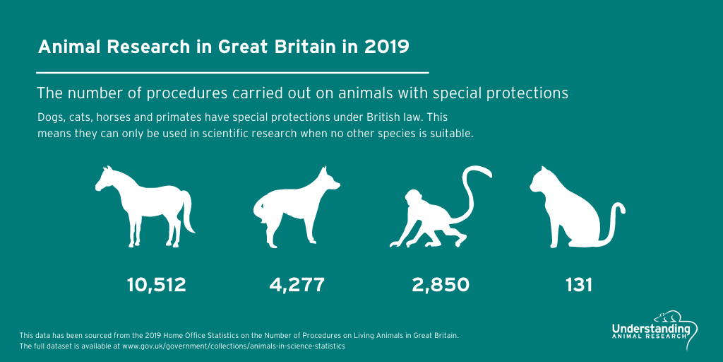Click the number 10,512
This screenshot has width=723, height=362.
(x=156, y=285)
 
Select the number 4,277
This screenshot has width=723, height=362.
(x=297, y=285)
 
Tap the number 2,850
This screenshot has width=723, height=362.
(x=441, y=285)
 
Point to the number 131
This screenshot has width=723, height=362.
(x=578, y=285)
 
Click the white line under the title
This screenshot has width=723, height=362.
(x=232, y=72)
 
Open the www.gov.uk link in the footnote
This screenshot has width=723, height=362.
(x=233, y=346)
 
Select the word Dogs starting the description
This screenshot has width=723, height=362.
(x=50, y=117)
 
